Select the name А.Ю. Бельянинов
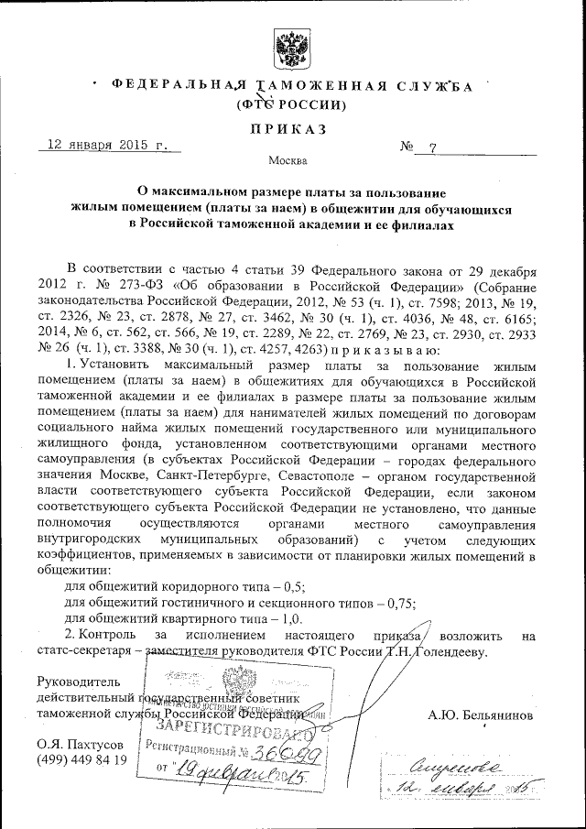(x=479, y=714)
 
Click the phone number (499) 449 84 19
(x=81, y=760)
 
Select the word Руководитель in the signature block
(x=78, y=682)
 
